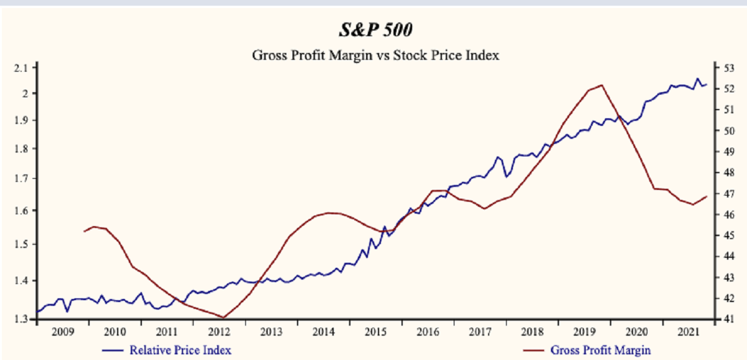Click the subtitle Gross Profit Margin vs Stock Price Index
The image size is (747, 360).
point(376,55)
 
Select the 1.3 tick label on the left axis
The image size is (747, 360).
point(21,320)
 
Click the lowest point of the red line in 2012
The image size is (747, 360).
point(223,318)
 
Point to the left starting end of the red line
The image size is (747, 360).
point(84,232)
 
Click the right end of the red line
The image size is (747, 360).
point(707,196)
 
